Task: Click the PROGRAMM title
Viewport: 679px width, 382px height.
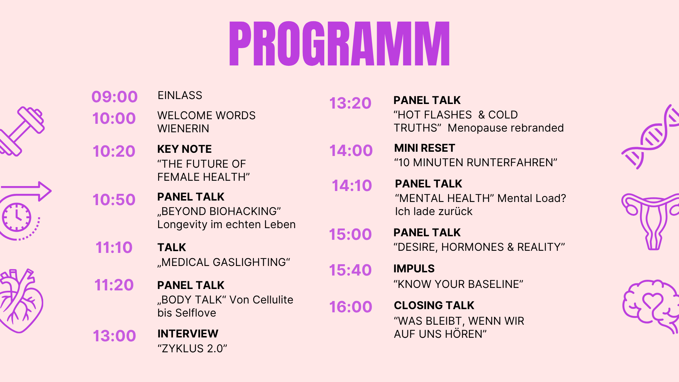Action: (339, 44)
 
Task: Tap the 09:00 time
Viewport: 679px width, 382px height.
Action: (114, 97)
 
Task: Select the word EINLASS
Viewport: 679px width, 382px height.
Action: (180, 95)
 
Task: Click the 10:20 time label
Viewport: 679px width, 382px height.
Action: (114, 151)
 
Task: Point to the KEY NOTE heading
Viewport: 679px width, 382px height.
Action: (184, 149)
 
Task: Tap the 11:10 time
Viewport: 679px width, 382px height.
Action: (114, 248)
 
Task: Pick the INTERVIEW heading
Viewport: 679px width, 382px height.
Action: (188, 334)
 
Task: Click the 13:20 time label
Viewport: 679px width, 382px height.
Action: (350, 103)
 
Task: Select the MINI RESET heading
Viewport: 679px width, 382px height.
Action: (424, 148)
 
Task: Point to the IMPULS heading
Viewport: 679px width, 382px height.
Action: (414, 269)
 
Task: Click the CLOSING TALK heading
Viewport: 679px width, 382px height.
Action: (434, 306)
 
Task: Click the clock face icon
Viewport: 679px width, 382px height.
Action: (17, 217)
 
